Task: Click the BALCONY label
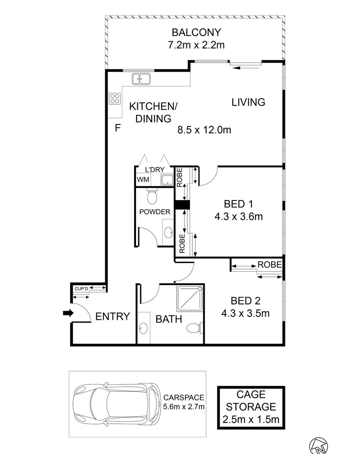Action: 196,32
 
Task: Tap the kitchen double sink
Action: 141,79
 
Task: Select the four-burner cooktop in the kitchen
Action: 115,98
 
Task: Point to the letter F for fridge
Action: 117,128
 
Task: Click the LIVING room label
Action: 248,102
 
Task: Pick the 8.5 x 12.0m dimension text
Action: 204,130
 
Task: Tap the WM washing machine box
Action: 143,179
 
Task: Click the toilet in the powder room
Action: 152,197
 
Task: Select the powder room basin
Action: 168,232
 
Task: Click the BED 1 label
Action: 238,204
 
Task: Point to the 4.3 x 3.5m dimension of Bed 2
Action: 245,313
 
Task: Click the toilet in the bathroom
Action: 194,328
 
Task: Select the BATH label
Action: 169,319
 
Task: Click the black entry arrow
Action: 68,313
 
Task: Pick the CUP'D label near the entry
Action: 81,289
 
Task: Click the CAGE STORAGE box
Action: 251,407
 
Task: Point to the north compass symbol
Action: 318,446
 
